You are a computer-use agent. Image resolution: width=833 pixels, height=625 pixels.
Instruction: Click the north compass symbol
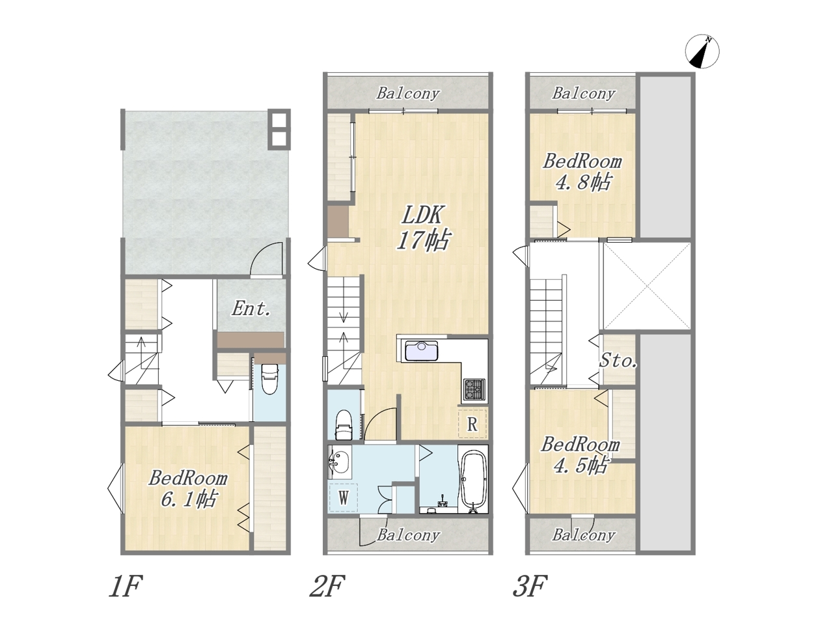click(x=702, y=51)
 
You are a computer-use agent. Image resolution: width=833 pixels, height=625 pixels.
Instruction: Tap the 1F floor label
click(x=126, y=586)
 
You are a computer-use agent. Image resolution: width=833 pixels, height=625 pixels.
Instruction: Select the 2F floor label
click(x=327, y=586)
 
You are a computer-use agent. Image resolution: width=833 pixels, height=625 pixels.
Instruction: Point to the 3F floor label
click(x=530, y=586)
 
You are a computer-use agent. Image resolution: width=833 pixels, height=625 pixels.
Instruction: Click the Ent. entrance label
click(x=251, y=309)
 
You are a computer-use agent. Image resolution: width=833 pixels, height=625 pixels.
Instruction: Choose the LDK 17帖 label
click(x=423, y=228)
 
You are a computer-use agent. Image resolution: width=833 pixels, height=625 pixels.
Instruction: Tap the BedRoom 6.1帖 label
click(x=188, y=488)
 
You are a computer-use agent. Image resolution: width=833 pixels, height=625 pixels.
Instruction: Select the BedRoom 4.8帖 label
click(x=582, y=172)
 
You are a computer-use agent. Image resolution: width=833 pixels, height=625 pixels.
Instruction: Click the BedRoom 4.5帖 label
click(x=580, y=454)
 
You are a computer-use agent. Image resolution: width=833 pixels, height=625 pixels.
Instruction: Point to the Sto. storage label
click(x=618, y=361)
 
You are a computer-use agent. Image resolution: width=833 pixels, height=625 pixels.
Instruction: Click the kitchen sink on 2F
click(x=422, y=350)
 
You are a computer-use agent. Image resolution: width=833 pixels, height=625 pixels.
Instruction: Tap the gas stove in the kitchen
click(x=473, y=391)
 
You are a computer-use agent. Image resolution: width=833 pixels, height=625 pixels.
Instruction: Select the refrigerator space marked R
click(x=472, y=424)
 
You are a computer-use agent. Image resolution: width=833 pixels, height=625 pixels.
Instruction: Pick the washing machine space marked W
click(x=344, y=497)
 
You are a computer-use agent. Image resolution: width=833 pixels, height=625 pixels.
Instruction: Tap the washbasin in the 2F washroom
click(x=340, y=462)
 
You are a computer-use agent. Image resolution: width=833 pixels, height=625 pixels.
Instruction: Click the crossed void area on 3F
click(x=647, y=286)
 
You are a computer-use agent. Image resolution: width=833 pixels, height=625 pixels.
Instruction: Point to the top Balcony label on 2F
click(x=408, y=93)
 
